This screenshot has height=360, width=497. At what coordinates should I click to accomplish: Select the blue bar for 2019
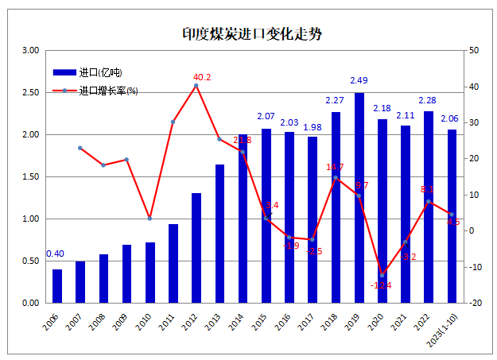point(359,199)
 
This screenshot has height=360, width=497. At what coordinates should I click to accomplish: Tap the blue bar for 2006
point(57,286)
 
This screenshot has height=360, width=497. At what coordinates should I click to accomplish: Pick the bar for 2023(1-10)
point(452,216)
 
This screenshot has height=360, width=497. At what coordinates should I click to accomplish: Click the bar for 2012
point(196,248)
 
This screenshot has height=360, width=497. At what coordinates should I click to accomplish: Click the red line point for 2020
point(382,275)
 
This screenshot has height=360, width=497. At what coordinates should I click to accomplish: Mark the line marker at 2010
point(150,219)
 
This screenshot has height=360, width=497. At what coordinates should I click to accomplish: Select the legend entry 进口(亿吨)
point(100,72)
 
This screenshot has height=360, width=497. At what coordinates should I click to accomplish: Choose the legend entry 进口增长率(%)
point(108,90)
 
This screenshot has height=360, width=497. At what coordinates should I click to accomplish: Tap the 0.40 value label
point(56,254)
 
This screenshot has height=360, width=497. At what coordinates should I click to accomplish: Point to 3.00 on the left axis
point(30,50)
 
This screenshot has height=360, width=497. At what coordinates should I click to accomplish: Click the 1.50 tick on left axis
point(30,176)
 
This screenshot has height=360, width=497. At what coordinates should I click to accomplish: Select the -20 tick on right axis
point(475,303)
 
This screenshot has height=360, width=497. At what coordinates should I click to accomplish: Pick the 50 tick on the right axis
point(474,50)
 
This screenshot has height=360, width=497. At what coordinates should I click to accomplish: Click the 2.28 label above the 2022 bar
point(428,100)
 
